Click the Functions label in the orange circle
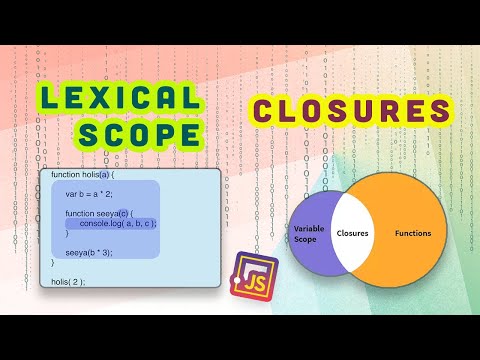tap(413, 233)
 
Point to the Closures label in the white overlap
tap(353, 233)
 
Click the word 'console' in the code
tap(97, 223)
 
